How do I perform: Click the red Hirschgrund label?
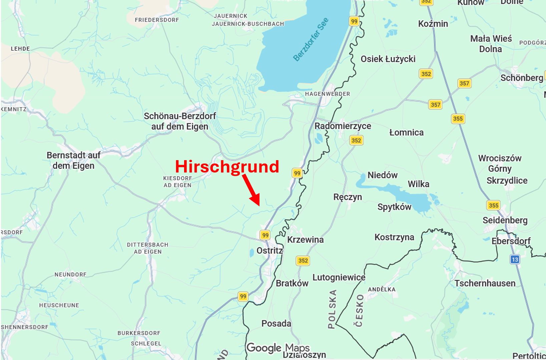pyautogui.click(x=227, y=166)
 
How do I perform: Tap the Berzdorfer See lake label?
pyautogui.click(x=311, y=39)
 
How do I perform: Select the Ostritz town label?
pyautogui.click(x=269, y=251)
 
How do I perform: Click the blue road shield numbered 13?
pyautogui.click(x=515, y=259)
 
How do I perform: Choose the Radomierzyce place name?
pyautogui.click(x=343, y=126)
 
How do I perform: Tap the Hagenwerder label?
pyautogui.click(x=327, y=94)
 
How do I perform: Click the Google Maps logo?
pyautogui.click(x=278, y=348)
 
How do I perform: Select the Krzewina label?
pyautogui.click(x=305, y=240)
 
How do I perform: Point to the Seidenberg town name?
pyautogui.click(x=505, y=220)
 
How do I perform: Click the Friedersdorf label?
pyautogui.click(x=157, y=20)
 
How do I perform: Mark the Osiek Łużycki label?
pyautogui.click(x=388, y=59)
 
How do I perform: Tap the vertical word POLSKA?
pyautogui.click(x=332, y=309)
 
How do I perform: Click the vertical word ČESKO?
pyautogui.click(x=359, y=310)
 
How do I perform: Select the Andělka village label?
pyautogui.click(x=382, y=289)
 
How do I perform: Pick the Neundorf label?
pyautogui.click(x=70, y=275)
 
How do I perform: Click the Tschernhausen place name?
pyautogui.click(x=485, y=283)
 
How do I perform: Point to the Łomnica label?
pyautogui.click(x=406, y=132)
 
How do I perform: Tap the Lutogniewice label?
pyautogui.click(x=339, y=277)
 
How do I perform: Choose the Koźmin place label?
pyautogui.click(x=433, y=24)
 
